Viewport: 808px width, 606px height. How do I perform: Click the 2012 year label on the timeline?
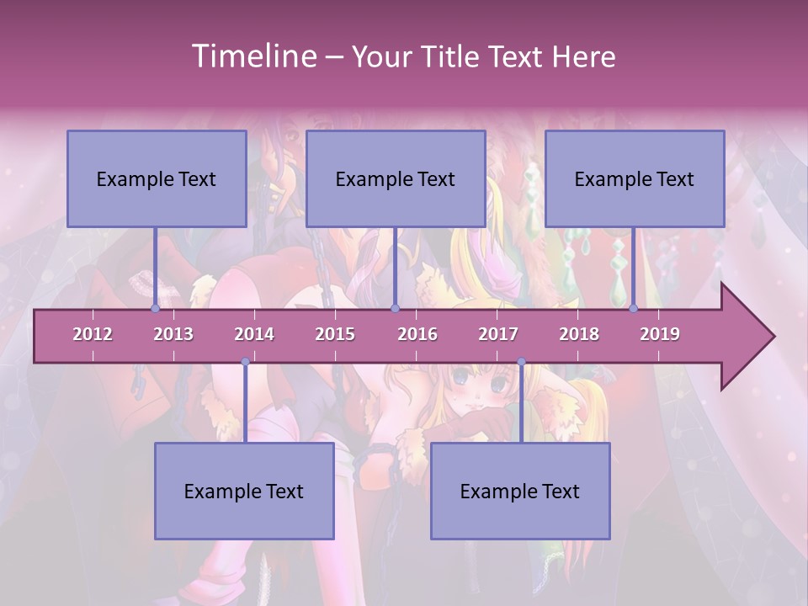tap(93, 334)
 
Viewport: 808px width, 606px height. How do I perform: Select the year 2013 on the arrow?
tap(173, 334)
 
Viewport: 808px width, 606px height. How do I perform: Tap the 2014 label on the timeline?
tap(254, 334)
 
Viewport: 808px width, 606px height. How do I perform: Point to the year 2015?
tap(335, 334)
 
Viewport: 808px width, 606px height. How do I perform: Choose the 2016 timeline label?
tap(417, 334)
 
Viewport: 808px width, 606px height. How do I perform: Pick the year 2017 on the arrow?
tap(498, 334)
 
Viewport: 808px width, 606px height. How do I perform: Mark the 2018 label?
tap(579, 334)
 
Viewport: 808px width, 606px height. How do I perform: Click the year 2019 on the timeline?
tap(660, 334)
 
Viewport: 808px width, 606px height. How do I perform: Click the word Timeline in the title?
tap(252, 56)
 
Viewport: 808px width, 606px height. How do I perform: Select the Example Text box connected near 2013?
tap(157, 178)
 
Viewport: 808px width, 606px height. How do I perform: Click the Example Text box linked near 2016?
tap(396, 178)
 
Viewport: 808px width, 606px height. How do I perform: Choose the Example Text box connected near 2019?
tap(635, 178)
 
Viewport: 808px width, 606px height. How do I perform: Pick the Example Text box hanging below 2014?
tap(244, 491)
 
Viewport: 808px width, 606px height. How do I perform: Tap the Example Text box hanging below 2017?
tap(520, 491)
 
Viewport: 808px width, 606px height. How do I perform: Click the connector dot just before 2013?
tap(155, 309)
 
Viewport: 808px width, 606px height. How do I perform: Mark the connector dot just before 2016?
tap(395, 309)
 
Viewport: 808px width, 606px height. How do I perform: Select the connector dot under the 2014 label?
tap(245, 362)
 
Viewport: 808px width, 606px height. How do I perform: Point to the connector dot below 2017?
tap(521, 362)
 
